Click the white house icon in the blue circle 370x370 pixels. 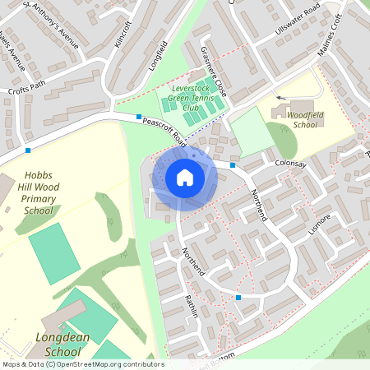184,178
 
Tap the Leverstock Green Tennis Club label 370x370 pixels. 194,98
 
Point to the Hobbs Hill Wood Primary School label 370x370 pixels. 39,192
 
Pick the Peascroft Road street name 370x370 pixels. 164,132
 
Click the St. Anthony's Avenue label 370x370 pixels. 51,25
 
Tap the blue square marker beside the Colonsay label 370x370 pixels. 233,165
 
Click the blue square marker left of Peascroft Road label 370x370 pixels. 139,117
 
